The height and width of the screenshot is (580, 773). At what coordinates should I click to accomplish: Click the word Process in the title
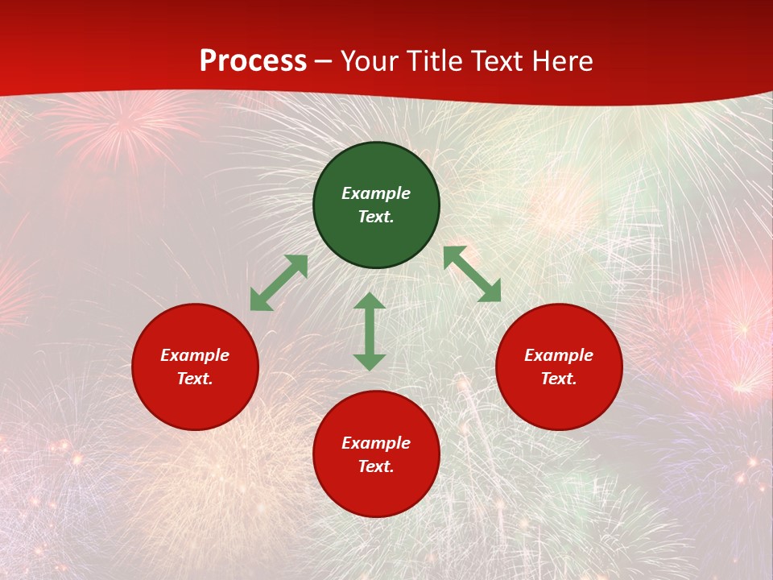pyautogui.click(x=253, y=61)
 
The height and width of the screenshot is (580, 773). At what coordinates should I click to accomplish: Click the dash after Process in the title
pyautogui.click(x=324, y=62)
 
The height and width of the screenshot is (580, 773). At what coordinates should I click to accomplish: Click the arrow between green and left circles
pyautogui.click(x=279, y=283)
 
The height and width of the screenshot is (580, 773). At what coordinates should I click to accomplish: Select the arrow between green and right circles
pyautogui.click(x=473, y=274)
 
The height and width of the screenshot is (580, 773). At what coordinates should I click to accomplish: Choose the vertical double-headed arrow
pyautogui.click(x=370, y=331)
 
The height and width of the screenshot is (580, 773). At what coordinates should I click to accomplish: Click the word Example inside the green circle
pyautogui.click(x=376, y=193)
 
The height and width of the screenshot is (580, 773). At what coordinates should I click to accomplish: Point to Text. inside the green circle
pyautogui.click(x=376, y=217)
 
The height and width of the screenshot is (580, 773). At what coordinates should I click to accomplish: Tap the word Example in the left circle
pyautogui.click(x=195, y=355)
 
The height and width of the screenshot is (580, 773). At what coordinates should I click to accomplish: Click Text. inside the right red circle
pyautogui.click(x=559, y=379)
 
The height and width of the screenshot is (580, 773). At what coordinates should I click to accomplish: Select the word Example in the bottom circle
pyautogui.click(x=376, y=443)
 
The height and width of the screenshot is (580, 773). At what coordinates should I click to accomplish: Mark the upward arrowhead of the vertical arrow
pyautogui.click(x=370, y=301)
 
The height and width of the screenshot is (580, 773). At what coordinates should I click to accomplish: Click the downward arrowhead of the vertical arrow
pyautogui.click(x=370, y=362)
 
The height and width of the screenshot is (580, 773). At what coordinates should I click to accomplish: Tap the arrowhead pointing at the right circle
pyautogui.click(x=491, y=292)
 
